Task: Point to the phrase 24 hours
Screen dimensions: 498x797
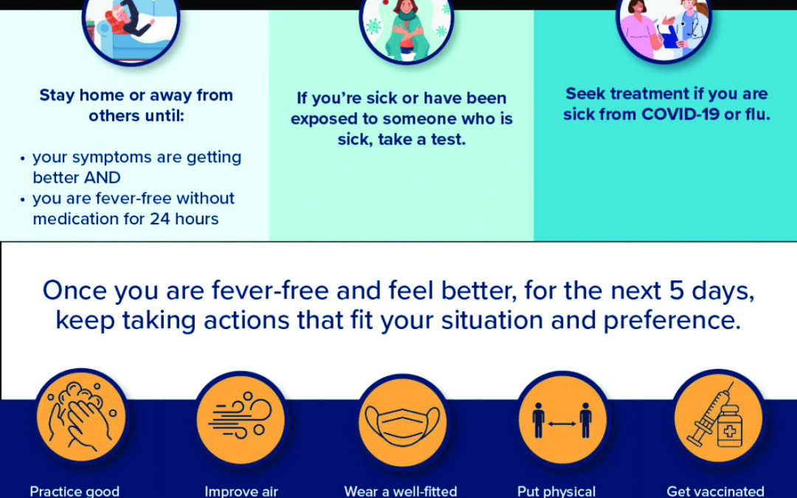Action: pos(184,218)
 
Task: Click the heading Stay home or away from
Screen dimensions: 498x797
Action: pos(136,95)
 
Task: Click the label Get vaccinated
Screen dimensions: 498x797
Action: pos(715,491)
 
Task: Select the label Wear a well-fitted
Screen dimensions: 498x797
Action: pos(401,491)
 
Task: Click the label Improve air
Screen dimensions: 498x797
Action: pos(241,491)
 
